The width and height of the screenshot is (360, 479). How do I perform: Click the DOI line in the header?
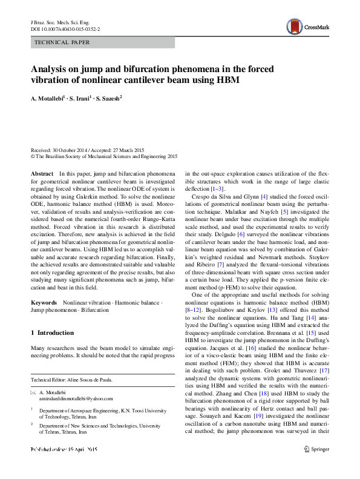point(65,28)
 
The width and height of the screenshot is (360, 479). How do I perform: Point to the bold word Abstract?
point(42,173)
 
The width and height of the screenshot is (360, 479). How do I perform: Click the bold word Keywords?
point(45,302)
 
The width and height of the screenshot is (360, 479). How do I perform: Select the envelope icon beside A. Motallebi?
point(33,392)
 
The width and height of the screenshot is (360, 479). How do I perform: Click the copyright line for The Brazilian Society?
point(103,156)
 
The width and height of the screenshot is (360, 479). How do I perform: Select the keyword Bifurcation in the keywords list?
point(95,309)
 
